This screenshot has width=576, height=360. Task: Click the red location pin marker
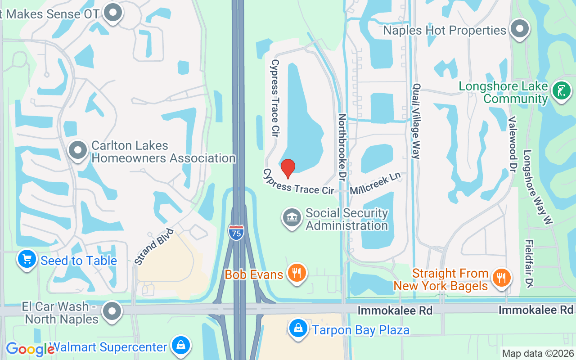coord(288,168)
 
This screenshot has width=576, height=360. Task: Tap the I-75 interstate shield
coord(236,232)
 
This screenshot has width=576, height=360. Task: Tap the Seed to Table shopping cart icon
coord(27,260)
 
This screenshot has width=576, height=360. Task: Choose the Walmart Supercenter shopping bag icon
coord(180,346)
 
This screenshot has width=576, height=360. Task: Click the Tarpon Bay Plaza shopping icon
coord(298,329)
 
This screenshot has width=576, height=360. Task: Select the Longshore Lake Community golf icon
coord(561,90)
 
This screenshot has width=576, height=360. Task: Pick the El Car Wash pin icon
coord(112,311)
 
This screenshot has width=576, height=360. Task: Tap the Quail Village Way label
coord(416,121)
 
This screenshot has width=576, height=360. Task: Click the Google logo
coord(30,349)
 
